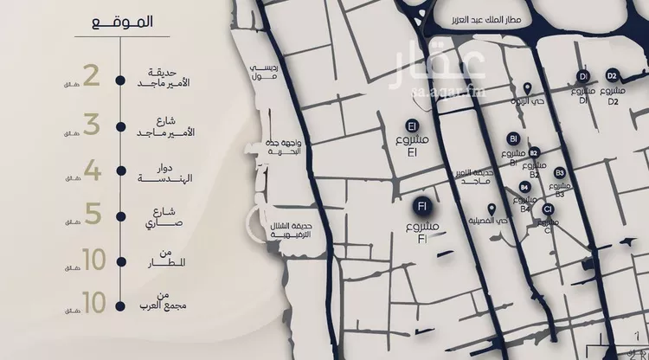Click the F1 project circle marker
(x=422, y=206)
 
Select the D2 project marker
(x=612, y=75)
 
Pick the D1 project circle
(x=582, y=76)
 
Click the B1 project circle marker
(x=513, y=138)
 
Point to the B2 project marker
(x=534, y=152)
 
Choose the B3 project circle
(x=560, y=173)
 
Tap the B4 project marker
(x=525, y=187)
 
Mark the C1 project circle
(x=548, y=209)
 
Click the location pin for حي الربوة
(x=530, y=88)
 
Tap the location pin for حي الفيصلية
(x=492, y=209)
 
